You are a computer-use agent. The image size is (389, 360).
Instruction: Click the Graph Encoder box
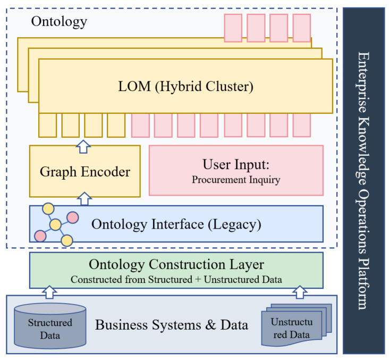point(85,171)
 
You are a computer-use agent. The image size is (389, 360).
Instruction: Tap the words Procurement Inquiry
point(236,180)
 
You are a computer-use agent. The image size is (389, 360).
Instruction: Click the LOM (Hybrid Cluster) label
point(185,86)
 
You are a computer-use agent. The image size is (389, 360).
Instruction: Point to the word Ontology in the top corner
point(59,22)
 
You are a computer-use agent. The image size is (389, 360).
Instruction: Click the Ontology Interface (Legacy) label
point(176,224)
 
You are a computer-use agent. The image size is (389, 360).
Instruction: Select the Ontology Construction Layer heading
point(176,264)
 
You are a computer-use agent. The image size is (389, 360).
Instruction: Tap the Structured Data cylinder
point(50,326)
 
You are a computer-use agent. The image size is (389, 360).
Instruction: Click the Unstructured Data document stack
point(295,325)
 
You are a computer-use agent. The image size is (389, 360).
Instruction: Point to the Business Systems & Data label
point(171,324)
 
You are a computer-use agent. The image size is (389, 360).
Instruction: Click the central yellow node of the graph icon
point(55,225)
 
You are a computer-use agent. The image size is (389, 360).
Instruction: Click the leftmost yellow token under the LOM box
point(48,125)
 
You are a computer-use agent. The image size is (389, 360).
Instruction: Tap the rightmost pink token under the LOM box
point(301,125)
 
